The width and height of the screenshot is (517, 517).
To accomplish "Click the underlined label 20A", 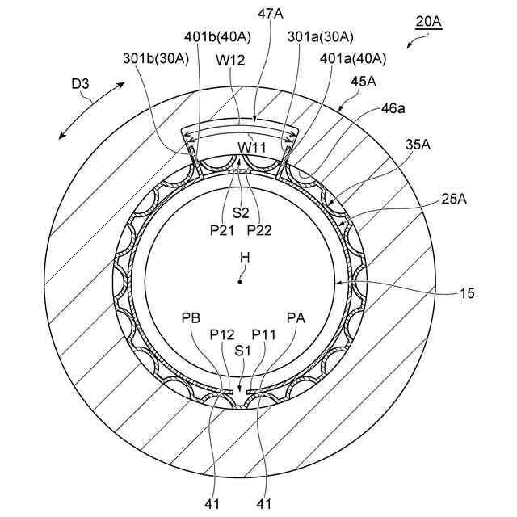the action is click(428, 22).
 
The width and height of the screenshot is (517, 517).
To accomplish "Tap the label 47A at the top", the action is click(270, 14).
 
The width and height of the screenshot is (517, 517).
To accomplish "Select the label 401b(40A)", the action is click(217, 37).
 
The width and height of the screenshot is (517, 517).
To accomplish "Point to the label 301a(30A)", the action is click(321, 37).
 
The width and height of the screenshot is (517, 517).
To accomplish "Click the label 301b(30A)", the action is click(156, 58).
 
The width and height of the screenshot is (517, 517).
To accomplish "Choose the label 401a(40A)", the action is click(353, 58).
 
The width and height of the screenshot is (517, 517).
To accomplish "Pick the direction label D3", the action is click(80, 84).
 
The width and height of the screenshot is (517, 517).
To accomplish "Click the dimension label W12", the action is click(230, 60).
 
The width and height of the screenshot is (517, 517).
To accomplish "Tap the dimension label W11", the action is click(252, 148).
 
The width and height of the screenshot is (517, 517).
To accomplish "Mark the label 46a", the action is click(393, 108).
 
